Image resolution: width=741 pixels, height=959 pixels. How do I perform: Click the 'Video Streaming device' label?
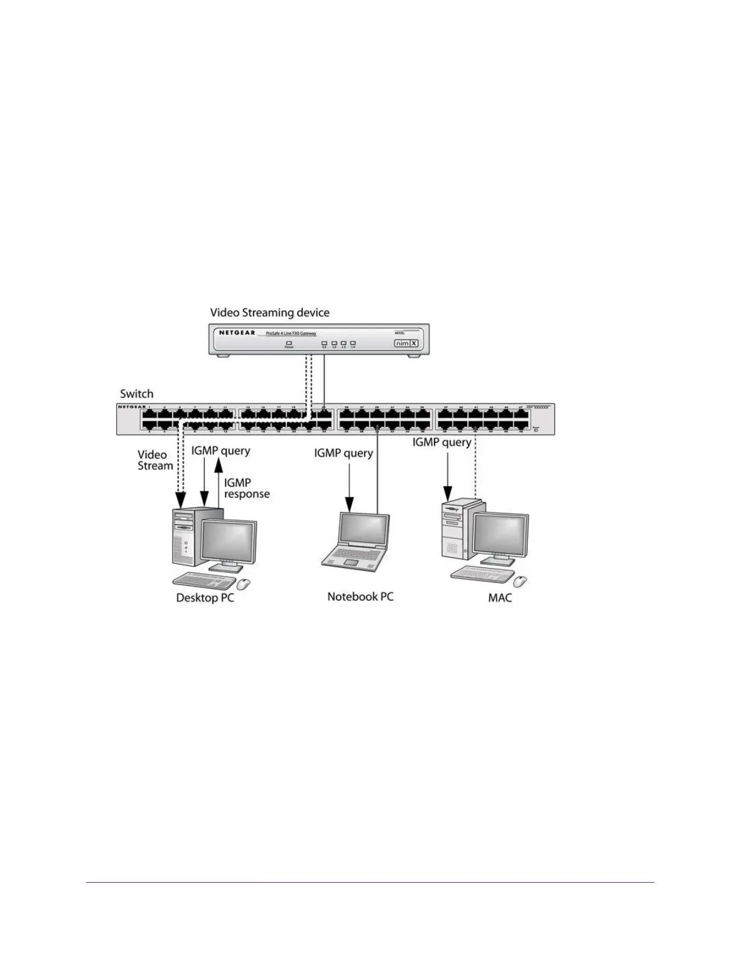click(x=269, y=313)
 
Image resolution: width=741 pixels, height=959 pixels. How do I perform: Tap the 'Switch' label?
click(x=137, y=394)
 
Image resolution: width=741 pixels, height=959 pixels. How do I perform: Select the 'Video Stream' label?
click(x=155, y=460)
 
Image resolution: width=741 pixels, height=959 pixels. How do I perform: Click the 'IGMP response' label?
click(x=246, y=488)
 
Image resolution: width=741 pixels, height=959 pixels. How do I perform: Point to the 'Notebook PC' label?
click(x=360, y=596)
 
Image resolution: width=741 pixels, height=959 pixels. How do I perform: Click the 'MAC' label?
click(x=500, y=598)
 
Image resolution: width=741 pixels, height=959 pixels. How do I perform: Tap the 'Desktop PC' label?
click(x=205, y=598)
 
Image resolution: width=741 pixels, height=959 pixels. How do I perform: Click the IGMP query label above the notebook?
click(x=343, y=453)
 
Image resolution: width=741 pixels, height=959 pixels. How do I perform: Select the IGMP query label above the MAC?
click(x=442, y=442)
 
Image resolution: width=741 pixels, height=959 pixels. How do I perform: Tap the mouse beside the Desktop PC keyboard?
click(x=243, y=584)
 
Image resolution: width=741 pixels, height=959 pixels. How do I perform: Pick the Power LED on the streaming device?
click(x=289, y=343)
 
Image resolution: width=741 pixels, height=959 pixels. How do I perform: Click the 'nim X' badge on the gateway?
click(x=407, y=343)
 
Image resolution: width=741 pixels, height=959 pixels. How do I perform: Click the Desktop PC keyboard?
click(x=204, y=580)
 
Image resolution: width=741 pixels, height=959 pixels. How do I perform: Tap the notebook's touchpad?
click(x=352, y=563)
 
